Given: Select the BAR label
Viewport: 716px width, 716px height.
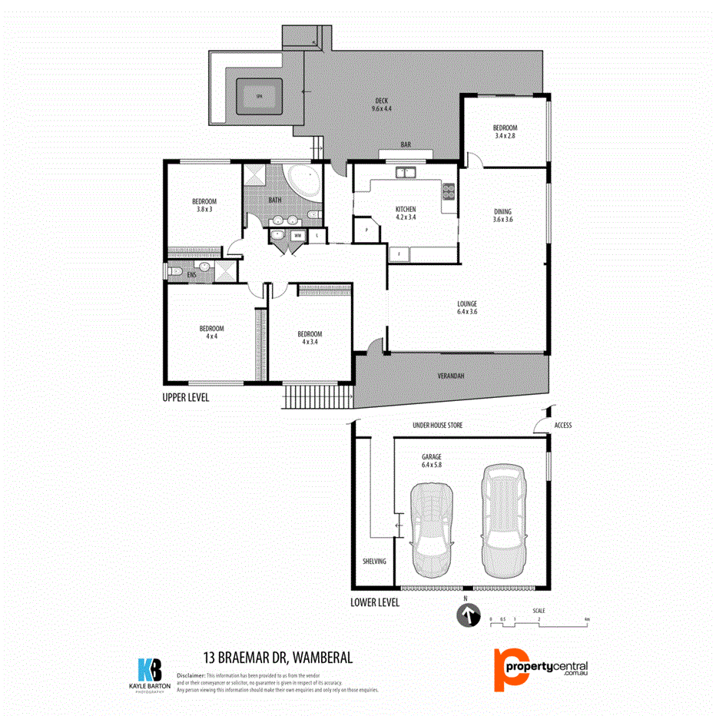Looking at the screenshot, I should pyautogui.click(x=406, y=144).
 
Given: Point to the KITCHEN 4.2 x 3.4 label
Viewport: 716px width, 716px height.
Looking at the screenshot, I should pyautogui.click(x=405, y=213).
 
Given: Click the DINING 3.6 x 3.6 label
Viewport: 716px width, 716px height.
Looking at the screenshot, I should pyautogui.click(x=502, y=216).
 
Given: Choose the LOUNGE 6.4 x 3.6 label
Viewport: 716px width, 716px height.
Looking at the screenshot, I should pyautogui.click(x=467, y=307).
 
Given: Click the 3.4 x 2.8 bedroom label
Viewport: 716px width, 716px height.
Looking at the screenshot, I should pyautogui.click(x=505, y=132).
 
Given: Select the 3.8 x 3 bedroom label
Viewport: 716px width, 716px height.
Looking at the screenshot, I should pyautogui.click(x=204, y=205).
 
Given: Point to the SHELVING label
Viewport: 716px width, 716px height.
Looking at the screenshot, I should pyautogui.click(x=374, y=562).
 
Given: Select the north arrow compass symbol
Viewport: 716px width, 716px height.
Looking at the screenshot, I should pyautogui.click(x=466, y=615).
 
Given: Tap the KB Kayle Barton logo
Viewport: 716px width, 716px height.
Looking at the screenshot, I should pyautogui.click(x=150, y=674).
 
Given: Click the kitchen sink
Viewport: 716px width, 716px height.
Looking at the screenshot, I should pyautogui.click(x=405, y=172).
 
